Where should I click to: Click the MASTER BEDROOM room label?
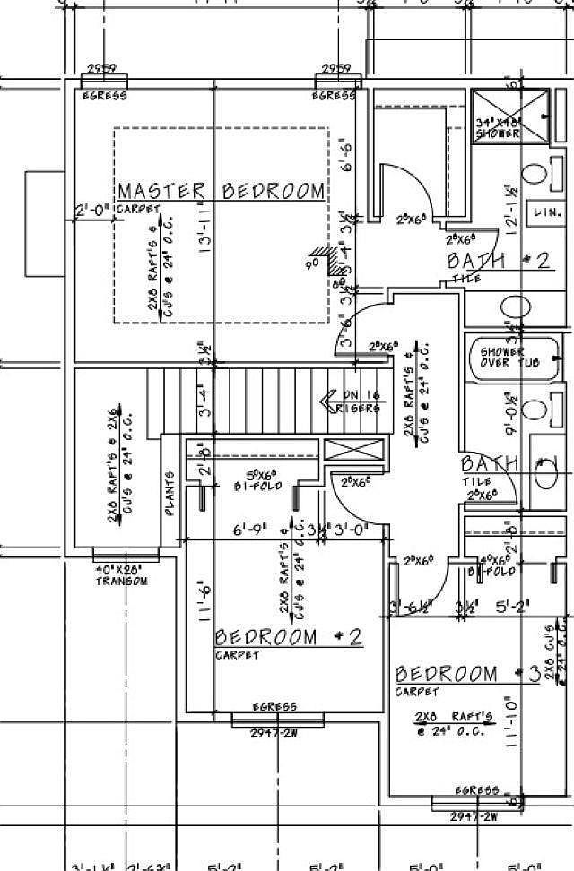[221, 191]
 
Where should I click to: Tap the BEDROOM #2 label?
[289, 637]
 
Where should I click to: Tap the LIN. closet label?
[547, 213]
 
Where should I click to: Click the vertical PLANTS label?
[170, 494]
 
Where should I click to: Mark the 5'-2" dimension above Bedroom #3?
[512, 607]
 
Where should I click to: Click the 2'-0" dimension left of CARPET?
[91, 211]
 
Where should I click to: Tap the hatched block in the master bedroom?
[337, 261]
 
